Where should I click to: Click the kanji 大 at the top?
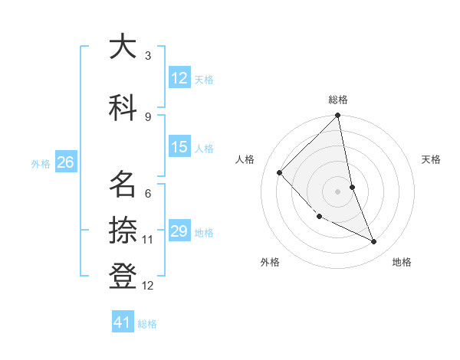123,47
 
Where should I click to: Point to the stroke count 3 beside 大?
148,56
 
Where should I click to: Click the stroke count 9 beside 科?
148,116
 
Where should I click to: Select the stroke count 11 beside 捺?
148,240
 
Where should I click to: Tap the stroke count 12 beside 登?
148,286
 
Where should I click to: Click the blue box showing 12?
179,78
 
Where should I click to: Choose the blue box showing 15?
179,147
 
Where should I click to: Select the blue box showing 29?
179,231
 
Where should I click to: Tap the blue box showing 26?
65,162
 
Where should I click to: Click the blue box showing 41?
123,322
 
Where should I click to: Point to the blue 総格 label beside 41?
147,324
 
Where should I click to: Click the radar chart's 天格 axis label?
432,159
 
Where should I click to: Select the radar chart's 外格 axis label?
270,262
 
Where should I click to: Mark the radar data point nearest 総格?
337,116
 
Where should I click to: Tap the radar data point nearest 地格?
374,242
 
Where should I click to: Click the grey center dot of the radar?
337,191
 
